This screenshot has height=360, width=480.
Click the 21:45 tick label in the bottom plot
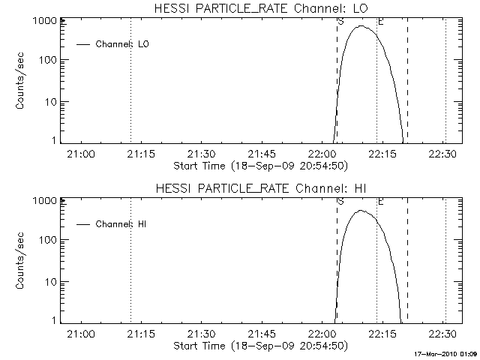coord(262,334)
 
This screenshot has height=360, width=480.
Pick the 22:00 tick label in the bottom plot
coord(322,334)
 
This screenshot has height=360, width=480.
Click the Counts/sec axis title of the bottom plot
coord(22,260)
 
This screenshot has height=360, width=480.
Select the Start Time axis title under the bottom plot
coord(259,346)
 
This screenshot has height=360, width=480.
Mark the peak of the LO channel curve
coord(362,26)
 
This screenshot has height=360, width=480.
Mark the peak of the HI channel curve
coord(361,211)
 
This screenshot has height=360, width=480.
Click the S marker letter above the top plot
coord(341,22)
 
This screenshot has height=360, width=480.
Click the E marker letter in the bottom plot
coord(380,202)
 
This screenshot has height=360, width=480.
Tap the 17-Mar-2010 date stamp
coord(447,354)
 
